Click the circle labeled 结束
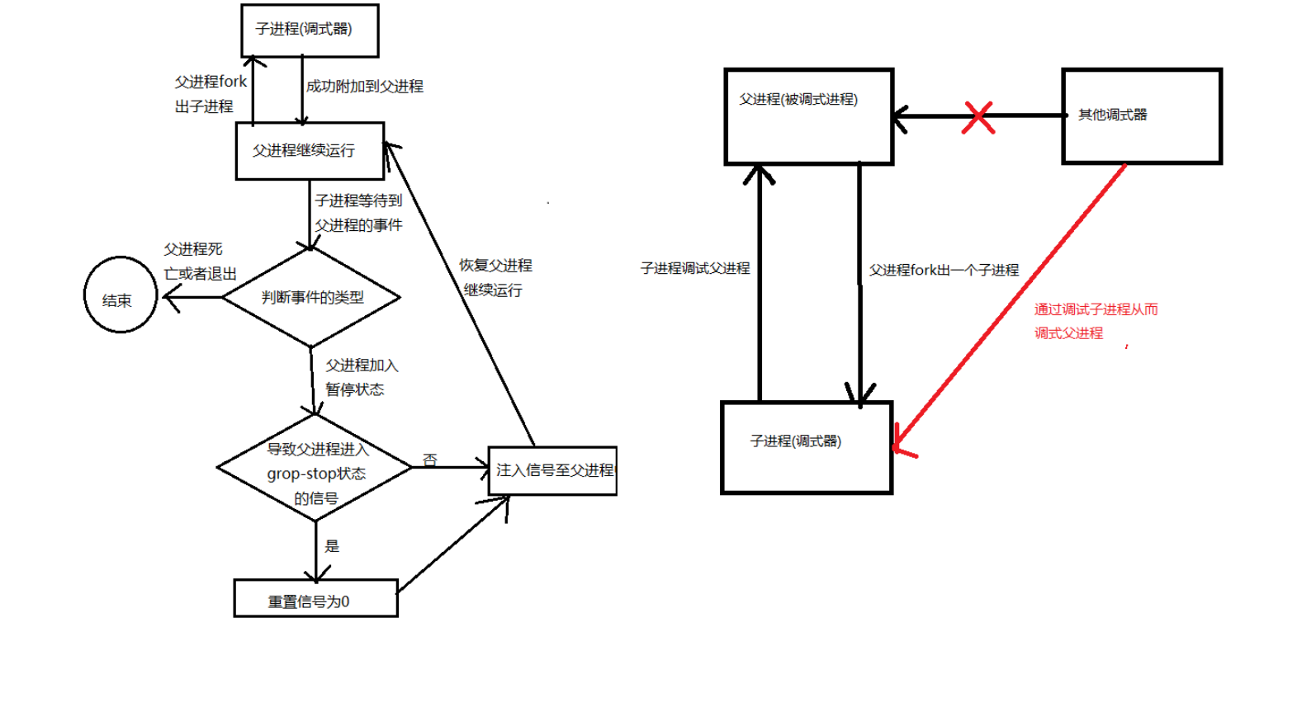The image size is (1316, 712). point(121,295)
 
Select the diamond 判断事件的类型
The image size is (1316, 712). point(311,297)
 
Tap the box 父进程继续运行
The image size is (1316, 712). point(310,150)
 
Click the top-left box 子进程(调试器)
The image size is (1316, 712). point(310,31)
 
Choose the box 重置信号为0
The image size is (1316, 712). point(315,599)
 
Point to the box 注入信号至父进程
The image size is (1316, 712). point(552,470)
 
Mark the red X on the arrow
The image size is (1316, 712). point(978,117)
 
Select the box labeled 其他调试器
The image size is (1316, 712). point(1141,116)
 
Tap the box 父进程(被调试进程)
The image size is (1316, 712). point(808,116)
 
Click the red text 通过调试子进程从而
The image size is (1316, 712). point(1096,309)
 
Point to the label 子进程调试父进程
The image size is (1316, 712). point(695,268)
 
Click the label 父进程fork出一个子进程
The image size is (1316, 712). point(944,270)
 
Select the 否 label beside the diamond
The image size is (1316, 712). point(429,460)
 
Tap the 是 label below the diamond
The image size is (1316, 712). point(332,546)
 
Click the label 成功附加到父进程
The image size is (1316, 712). point(364,86)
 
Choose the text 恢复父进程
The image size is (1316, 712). point(495,266)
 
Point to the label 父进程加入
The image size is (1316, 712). point(362,365)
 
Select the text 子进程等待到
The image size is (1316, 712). point(358,200)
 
